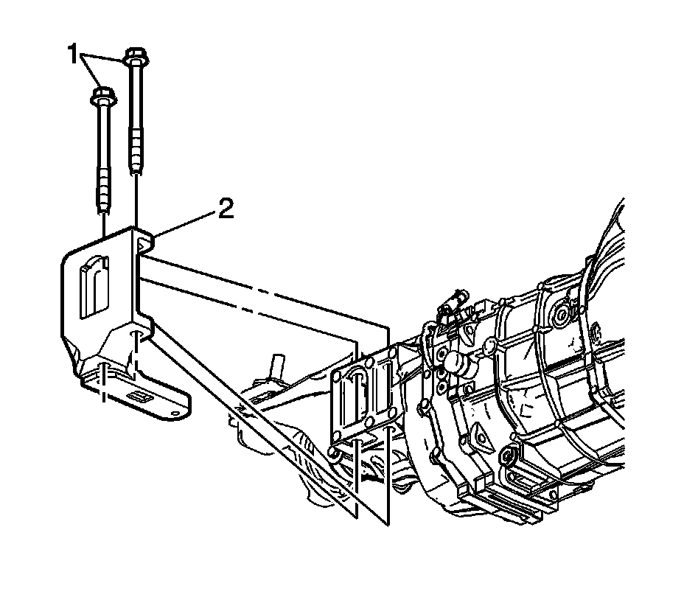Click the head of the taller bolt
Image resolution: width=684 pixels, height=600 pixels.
click(134, 56)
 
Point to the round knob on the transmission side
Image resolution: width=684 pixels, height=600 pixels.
click(454, 363)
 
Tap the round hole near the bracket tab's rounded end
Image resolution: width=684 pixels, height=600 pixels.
click(175, 412)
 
